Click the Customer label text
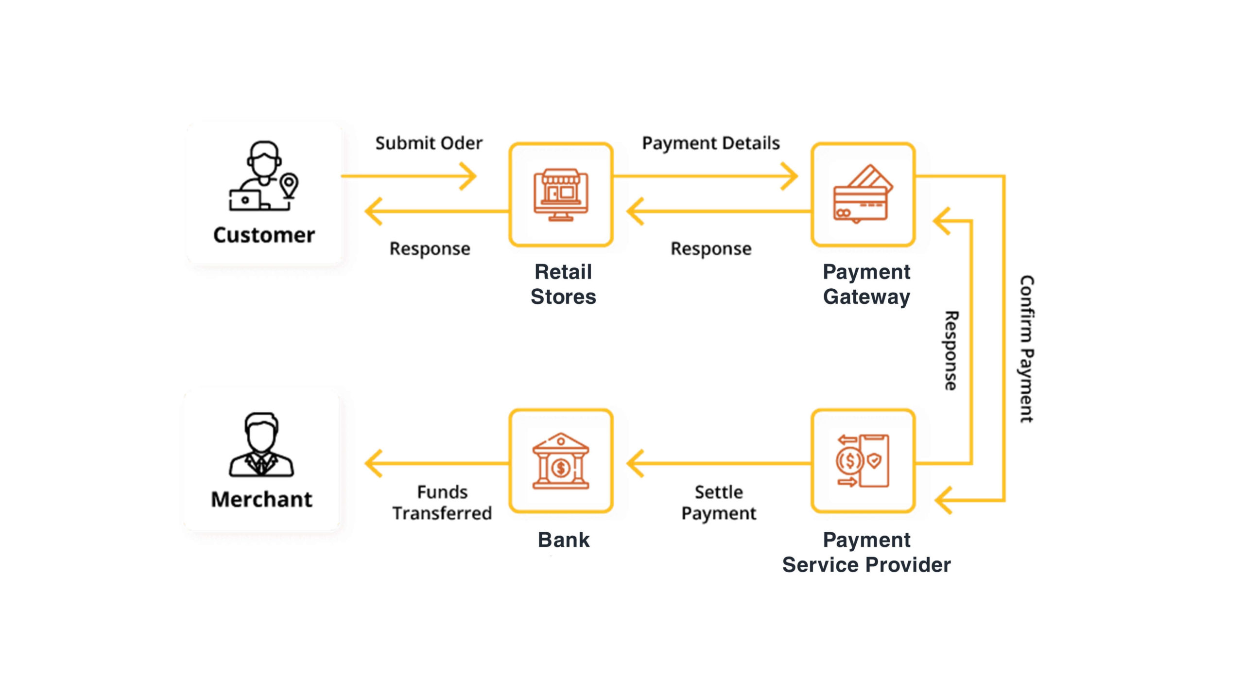[264, 235]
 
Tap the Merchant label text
[261, 500]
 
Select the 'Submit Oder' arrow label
[429, 143]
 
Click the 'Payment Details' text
[710, 143]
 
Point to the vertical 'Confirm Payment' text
[1026, 349]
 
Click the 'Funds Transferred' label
[442, 503]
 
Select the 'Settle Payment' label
[719, 503]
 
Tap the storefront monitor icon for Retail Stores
[561, 195]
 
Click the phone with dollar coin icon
[863, 461]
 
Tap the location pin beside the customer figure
[289, 185]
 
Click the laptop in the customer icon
[245, 200]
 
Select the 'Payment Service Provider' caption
[866, 552]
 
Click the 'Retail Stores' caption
[563, 284]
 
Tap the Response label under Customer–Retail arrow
[430, 248]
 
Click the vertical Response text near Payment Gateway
[951, 350]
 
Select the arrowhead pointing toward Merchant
[373, 463]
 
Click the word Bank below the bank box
[563, 540]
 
